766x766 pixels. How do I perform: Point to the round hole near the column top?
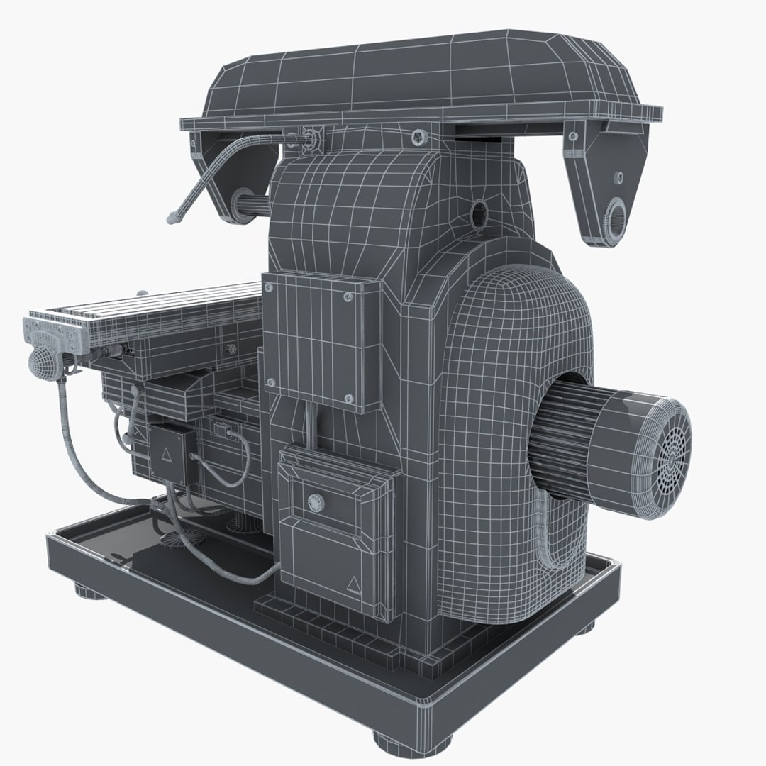[479, 210]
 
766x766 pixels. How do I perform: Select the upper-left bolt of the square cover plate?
[269, 287]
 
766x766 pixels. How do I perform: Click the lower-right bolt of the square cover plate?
[347, 397]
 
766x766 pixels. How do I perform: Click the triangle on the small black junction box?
[167, 453]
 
